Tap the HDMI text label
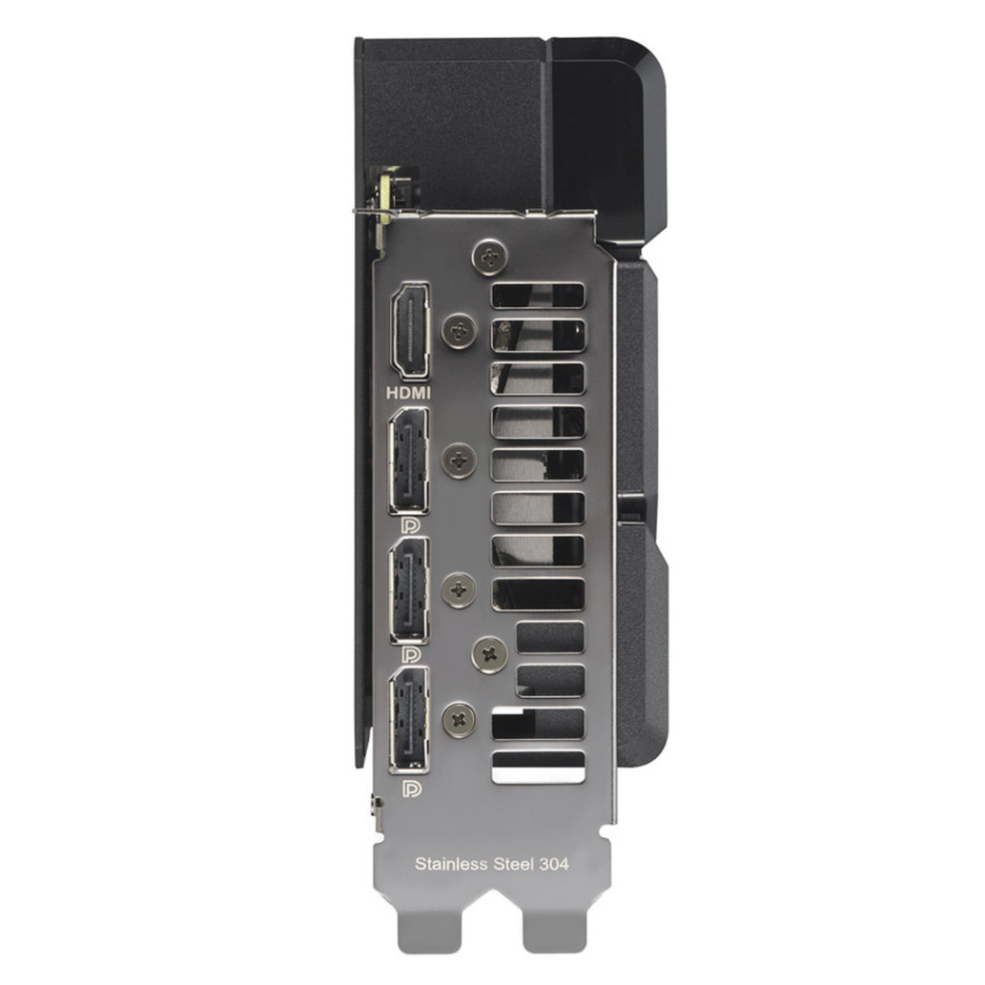click(x=409, y=394)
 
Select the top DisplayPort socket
click(x=409, y=462)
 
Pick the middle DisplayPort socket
click(x=410, y=590)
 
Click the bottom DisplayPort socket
click(x=410, y=721)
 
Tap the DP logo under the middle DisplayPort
click(x=411, y=654)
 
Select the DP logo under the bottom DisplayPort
click(x=411, y=789)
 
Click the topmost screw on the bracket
click(x=489, y=255)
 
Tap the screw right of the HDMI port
click(x=460, y=330)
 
